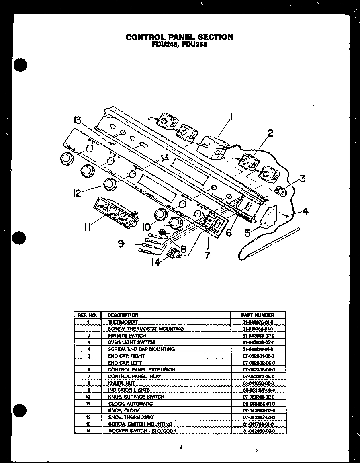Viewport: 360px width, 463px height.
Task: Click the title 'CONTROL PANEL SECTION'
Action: (179, 37)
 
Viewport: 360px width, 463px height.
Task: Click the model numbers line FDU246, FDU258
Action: (179, 45)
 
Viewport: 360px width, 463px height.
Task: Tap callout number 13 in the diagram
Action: (78, 120)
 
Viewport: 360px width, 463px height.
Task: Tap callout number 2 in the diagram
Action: (270, 133)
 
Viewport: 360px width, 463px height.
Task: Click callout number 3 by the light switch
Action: (302, 178)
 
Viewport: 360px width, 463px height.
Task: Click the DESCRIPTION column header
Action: (123, 315)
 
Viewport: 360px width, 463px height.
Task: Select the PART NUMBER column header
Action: (258, 315)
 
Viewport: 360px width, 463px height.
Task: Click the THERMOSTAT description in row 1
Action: (123, 322)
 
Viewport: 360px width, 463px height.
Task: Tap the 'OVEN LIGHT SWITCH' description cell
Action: (131, 342)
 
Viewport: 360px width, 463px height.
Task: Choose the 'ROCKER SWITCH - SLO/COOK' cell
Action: (142, 431)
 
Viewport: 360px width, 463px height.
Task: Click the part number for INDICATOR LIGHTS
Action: (259, 390)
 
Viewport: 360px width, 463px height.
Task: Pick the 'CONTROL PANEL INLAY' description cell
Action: (135, 376)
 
